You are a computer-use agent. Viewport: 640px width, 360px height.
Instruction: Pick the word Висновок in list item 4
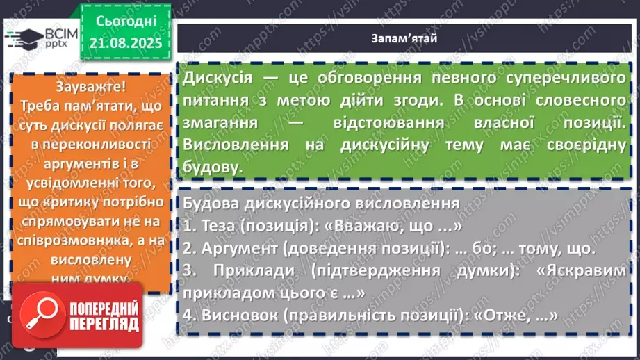coord(240,314)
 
